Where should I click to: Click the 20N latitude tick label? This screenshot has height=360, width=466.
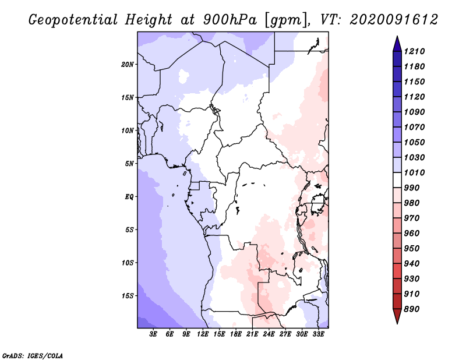[128, 64]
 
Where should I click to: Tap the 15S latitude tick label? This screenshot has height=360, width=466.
[128, 295]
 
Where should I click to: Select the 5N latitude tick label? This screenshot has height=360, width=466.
[129, 163]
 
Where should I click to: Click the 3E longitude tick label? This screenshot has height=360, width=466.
[154, 335]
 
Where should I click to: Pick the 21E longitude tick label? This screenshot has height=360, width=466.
[252, 335]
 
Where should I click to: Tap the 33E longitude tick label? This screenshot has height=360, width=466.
[318, 335]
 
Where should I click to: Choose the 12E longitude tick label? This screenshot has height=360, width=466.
[203, 335]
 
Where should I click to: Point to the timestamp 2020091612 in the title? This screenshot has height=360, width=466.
[394, 20]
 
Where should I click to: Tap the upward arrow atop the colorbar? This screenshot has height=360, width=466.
[397, 43]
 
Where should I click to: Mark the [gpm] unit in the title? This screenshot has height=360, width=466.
[284, 20]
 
